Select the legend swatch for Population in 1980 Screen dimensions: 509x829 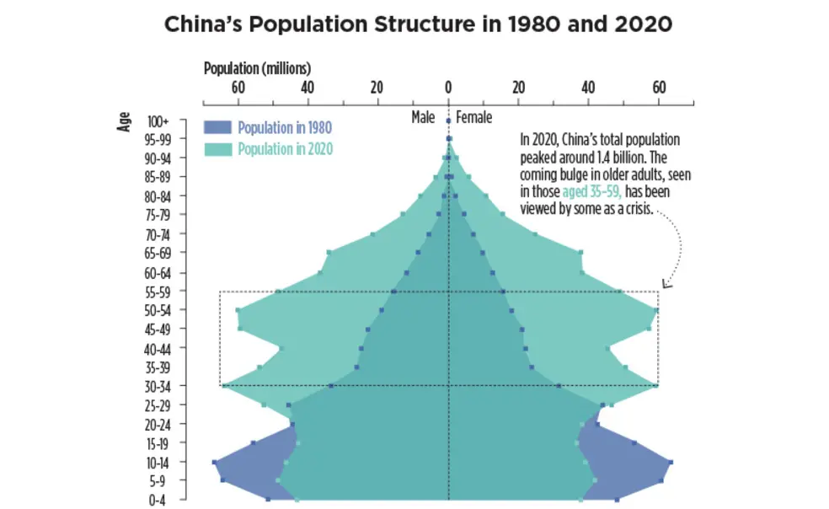point(217,128)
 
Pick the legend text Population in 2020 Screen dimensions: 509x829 point(285,149)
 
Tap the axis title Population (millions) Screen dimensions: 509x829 point(257,67)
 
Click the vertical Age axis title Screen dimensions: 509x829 point(125,121)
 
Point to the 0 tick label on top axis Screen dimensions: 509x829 point(448,87)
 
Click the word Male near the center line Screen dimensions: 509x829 point(423,118)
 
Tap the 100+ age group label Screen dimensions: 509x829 point(158,121)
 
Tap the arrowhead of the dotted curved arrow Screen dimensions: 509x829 point(665,285)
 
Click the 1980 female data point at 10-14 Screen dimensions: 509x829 point(671,462)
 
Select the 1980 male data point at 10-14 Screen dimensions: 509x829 point(215,462)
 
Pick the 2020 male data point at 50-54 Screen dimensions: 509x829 point(238,310)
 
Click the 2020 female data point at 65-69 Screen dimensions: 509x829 point(580,252)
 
